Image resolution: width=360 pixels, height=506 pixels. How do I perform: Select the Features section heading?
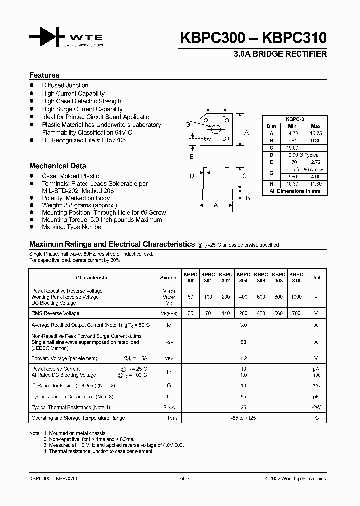(x=44, y=75)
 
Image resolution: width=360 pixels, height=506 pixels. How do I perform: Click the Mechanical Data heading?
(x=57, y=166)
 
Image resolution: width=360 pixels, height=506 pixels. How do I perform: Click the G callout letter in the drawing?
(x=187, y=124)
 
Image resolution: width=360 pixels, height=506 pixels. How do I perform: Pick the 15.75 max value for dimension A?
(x=315, y=134)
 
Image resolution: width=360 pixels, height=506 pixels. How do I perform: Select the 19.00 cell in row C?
(x=292, y=148)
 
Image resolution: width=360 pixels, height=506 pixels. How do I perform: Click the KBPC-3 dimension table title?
(x=294, y=120)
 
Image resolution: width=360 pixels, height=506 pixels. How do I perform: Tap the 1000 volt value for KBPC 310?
(x=296, y=297)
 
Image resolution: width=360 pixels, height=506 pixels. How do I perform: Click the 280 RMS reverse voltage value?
(x=243, y=313)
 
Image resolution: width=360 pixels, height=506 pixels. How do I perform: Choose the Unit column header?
(x=316, y=278)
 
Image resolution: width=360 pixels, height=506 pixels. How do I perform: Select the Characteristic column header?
(x=92, y=278)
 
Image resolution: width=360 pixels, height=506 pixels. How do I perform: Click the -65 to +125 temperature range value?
(x=243, y=418)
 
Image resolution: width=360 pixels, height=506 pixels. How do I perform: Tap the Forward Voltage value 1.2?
(x=243, y=358)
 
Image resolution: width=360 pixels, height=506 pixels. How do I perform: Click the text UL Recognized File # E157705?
(x=84, y=141)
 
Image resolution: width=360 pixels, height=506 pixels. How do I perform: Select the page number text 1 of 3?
(x=182, y=478)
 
